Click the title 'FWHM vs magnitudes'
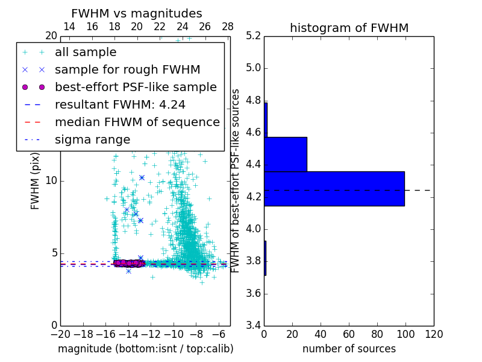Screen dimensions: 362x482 137,13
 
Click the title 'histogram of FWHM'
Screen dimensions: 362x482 349,28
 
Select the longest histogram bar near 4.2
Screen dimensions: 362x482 334,188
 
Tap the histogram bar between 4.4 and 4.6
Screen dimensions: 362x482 286,154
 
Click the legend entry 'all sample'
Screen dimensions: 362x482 86,52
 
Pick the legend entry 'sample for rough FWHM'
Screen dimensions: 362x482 127,69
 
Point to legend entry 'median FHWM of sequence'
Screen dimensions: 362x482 137,122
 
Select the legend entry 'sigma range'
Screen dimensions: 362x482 92,139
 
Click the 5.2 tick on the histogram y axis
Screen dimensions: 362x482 253,36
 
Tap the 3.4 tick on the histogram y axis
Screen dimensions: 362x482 253,326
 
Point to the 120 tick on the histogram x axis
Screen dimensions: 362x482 434,334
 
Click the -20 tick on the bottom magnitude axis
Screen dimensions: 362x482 60,334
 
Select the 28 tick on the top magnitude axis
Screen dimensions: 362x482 228,27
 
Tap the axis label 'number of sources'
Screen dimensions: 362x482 349,349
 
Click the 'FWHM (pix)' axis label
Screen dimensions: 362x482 36,181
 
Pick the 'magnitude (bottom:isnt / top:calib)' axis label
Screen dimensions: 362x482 145,349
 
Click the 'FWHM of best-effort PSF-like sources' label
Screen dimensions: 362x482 236,181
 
